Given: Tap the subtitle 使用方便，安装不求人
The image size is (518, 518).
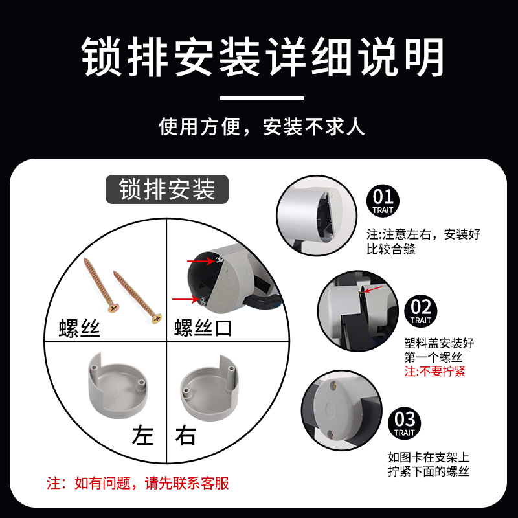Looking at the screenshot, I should [262, 126].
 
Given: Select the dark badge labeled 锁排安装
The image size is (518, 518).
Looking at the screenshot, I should [167, 190].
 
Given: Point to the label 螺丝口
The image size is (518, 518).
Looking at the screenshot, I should [203, 328].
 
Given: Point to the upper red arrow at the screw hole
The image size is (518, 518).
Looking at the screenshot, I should [201, 262].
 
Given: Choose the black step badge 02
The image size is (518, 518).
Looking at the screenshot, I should [420, 309].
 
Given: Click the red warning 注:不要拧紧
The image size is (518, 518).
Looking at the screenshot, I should [434, 372].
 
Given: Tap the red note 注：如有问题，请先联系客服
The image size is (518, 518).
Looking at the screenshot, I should [138, 483].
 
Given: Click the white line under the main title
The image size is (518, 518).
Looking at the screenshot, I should [262, 98].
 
